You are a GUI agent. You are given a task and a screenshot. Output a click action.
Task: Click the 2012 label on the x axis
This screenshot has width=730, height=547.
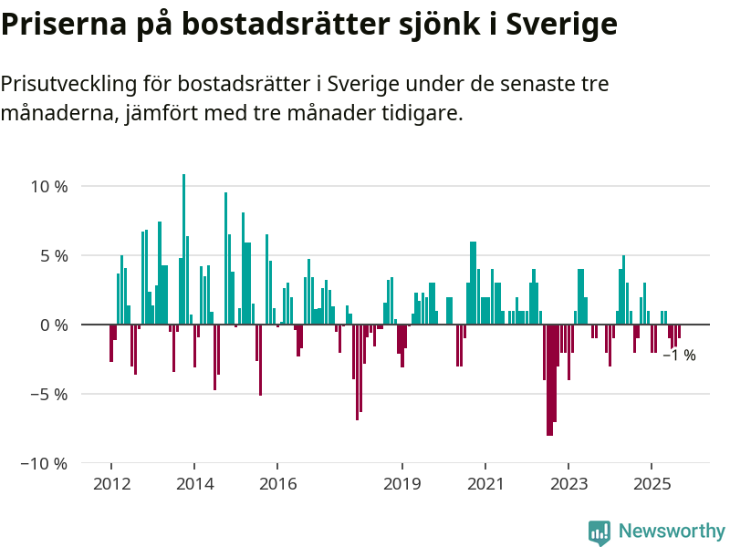(111, 484)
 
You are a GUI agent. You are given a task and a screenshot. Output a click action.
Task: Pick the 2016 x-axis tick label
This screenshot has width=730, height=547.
(277, 484)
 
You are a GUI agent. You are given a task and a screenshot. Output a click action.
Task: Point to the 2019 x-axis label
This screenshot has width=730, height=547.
(402, 484)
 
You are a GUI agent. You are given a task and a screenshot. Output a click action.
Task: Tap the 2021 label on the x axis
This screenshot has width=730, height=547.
(485, 484)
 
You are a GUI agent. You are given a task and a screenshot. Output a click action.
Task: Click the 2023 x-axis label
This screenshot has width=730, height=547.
(568, 484)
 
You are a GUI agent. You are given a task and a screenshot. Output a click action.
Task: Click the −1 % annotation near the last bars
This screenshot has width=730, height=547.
(679, 356)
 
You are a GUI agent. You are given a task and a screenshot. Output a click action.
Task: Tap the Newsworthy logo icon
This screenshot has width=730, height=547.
(600, 532)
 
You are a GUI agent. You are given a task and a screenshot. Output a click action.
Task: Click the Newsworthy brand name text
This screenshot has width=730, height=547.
(672, 531)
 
